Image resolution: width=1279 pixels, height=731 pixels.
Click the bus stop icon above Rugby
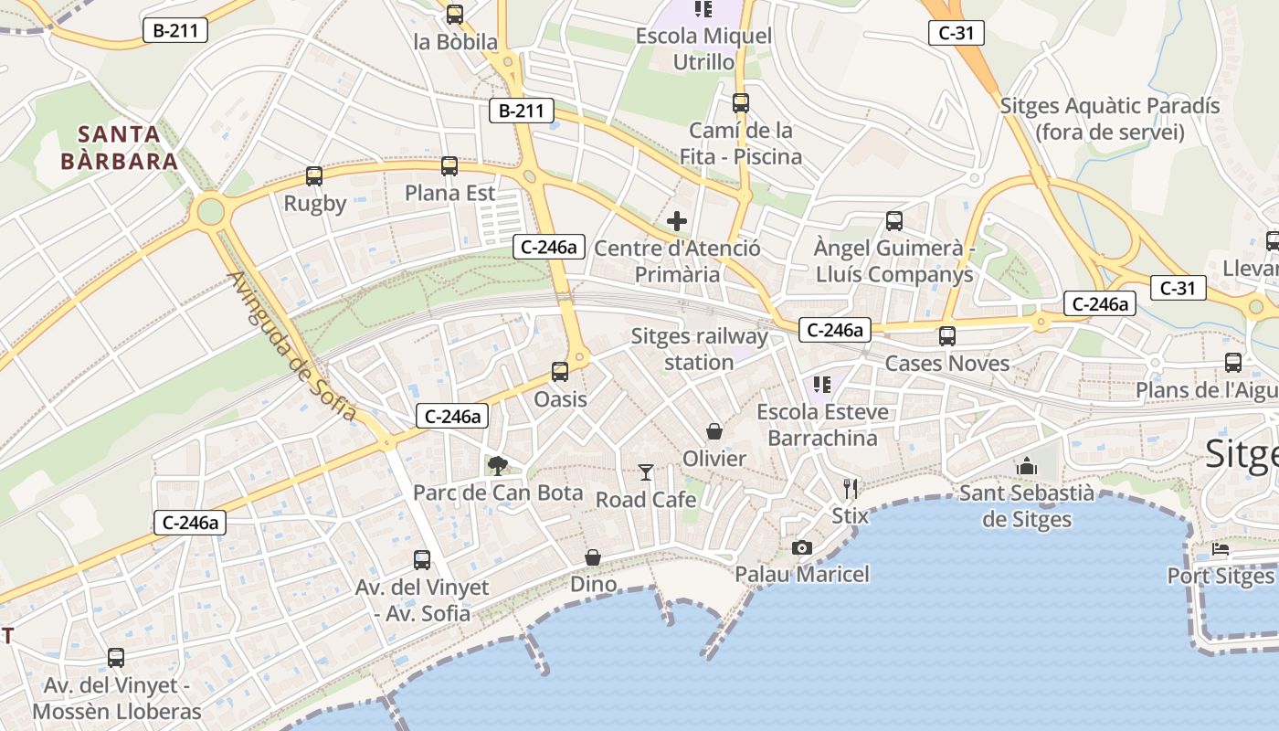click(x=314, y=176)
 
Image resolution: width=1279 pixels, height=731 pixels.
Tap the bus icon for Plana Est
click(x=449, y=166)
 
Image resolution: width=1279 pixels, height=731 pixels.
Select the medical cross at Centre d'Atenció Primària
click(x=677, y=221)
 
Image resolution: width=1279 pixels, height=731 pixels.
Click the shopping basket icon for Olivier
click(x=714, y=430)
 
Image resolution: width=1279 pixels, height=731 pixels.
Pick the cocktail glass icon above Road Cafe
click(x=646, y=472)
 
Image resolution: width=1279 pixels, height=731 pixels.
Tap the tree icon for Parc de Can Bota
click(x=497, y=466)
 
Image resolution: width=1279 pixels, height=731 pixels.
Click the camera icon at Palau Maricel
click(x=802, y=547)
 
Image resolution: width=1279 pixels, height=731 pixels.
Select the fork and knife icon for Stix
click(x=851, y=488)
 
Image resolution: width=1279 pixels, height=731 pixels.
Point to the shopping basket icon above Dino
click(x=593, y=556)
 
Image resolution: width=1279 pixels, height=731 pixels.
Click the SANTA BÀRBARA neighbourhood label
click(x=119, y=148)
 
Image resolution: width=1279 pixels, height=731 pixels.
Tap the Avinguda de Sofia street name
click(x=291, y=346)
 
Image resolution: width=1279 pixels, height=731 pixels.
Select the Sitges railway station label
click(x=699, y=349)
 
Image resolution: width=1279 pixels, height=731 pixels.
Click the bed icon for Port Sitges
click(x=1221, y=549)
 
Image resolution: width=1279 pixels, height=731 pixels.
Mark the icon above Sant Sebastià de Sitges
click(x=1027, y=466)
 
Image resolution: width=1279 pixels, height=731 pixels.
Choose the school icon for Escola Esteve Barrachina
click(x=822, y=385)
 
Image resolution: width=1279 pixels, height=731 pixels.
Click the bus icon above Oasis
click(x=560, y=372)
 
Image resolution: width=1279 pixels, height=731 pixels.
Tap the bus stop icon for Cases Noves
click(x=947, y=336)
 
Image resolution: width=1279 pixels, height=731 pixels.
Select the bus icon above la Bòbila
click(x=455, y=15)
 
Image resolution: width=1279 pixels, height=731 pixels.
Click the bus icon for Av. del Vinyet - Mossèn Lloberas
click(x=116, y=658)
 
